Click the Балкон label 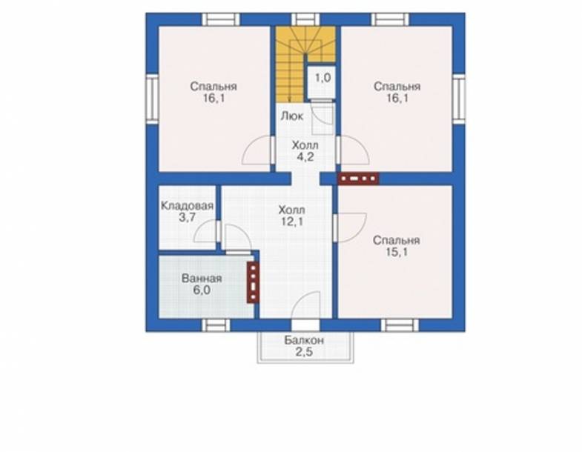304,340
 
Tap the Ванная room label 202,279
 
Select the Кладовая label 187,205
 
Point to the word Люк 292,116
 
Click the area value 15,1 397,253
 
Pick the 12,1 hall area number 292,222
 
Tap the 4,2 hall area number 305,157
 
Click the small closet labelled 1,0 323,82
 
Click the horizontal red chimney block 358,179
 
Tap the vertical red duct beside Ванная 253,282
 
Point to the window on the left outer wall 152,99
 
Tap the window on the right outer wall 459,99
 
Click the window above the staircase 305,19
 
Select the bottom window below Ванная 216,325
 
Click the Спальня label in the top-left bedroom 214,87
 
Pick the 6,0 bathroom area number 202,290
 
